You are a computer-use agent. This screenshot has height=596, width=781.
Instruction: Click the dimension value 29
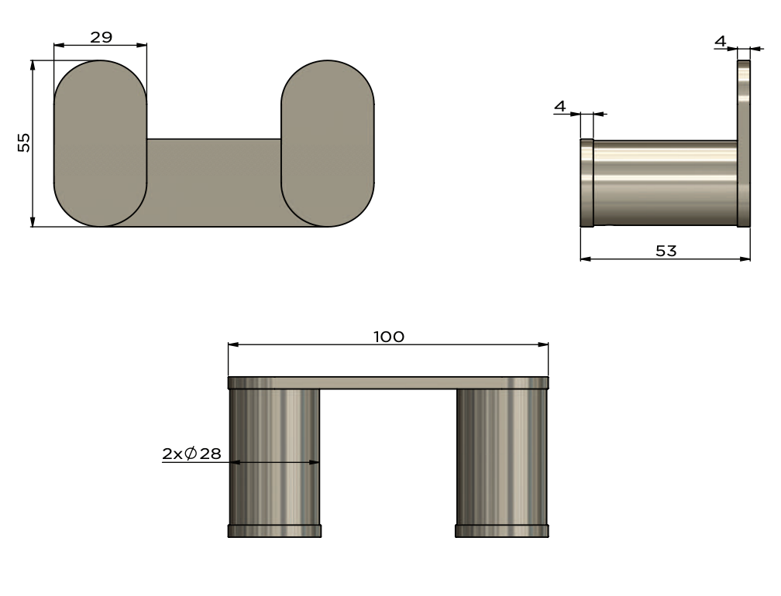pos(101,36)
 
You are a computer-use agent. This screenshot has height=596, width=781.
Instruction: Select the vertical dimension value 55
pos(24,142)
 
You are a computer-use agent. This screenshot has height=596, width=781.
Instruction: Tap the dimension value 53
pos(666,250)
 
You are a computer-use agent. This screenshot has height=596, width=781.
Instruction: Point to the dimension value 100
pos(389,336)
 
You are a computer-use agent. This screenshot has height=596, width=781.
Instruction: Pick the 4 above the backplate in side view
pos(721,41)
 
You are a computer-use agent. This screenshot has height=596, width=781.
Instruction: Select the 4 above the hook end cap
pos(560,105)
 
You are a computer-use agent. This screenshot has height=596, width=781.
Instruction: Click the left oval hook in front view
pos(100,143)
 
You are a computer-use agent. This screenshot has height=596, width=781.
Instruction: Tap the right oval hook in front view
pos(328,143)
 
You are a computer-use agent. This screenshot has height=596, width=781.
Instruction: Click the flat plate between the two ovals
pos(214,182)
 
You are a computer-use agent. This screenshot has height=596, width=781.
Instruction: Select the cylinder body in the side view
pos(665,183)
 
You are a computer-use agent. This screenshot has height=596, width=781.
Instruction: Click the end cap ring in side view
pos(587,183)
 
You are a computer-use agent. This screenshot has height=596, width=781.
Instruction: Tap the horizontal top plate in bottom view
pos(388,382)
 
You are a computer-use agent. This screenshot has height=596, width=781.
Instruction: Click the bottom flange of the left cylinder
pos(274,531)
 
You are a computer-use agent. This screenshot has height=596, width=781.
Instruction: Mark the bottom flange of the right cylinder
pos(502,531)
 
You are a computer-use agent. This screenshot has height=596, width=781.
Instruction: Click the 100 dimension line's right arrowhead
pos(544,345)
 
